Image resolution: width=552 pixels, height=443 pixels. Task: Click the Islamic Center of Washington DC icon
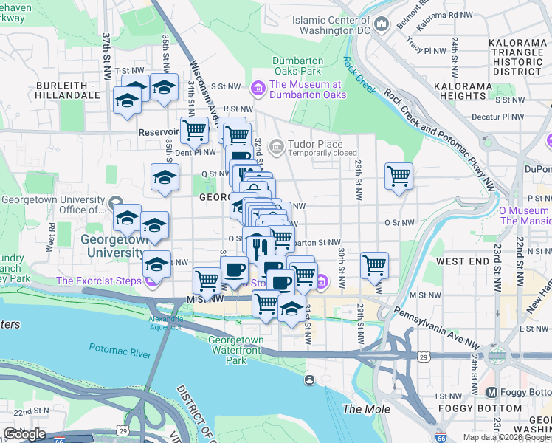382,24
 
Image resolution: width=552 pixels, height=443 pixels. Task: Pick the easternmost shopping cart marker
399,176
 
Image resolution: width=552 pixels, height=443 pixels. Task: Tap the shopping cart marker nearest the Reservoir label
194,130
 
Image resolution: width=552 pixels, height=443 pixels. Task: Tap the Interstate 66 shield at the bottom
441,437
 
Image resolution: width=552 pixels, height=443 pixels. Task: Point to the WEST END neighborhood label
462,261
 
